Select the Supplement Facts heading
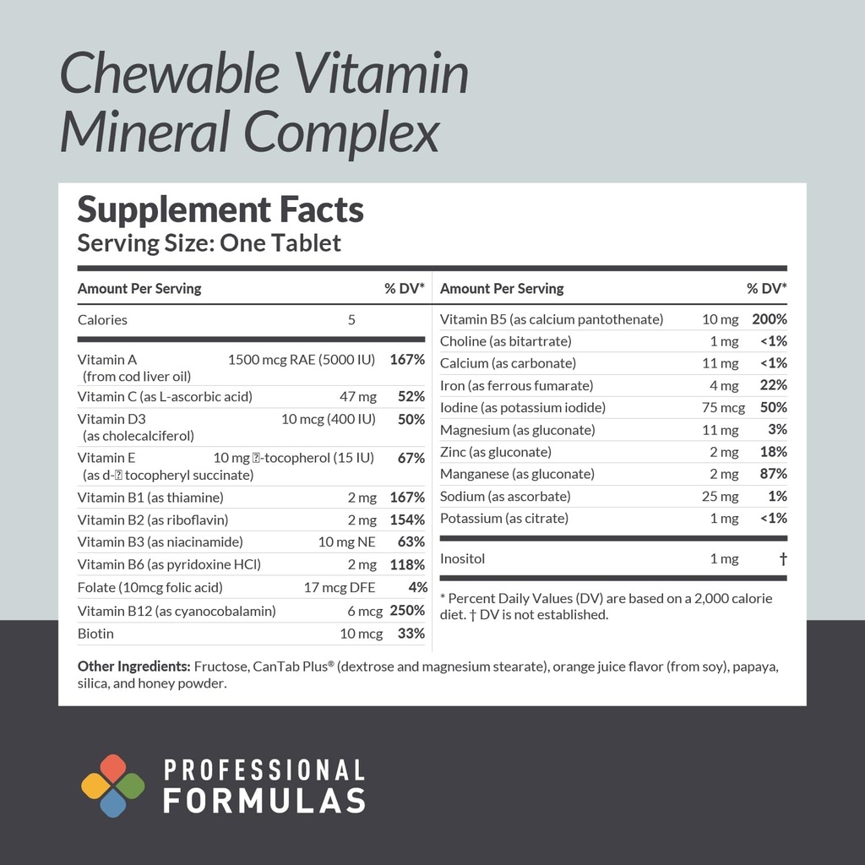point(220,209)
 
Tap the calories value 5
point(351,320)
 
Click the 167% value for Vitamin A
point(407,360)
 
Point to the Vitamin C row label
point(165,397)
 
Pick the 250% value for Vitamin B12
point(407,612)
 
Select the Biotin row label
point(95,634)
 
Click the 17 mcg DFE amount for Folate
point(340,589)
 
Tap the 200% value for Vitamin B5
point(770,320)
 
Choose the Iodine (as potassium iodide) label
point(523,408)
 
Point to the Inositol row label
point(463,559)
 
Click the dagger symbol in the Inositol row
point(783,559)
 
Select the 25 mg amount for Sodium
point(720,497)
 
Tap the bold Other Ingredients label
point(133,667)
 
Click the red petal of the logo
point(113,768)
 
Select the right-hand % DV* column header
point(766,289)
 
